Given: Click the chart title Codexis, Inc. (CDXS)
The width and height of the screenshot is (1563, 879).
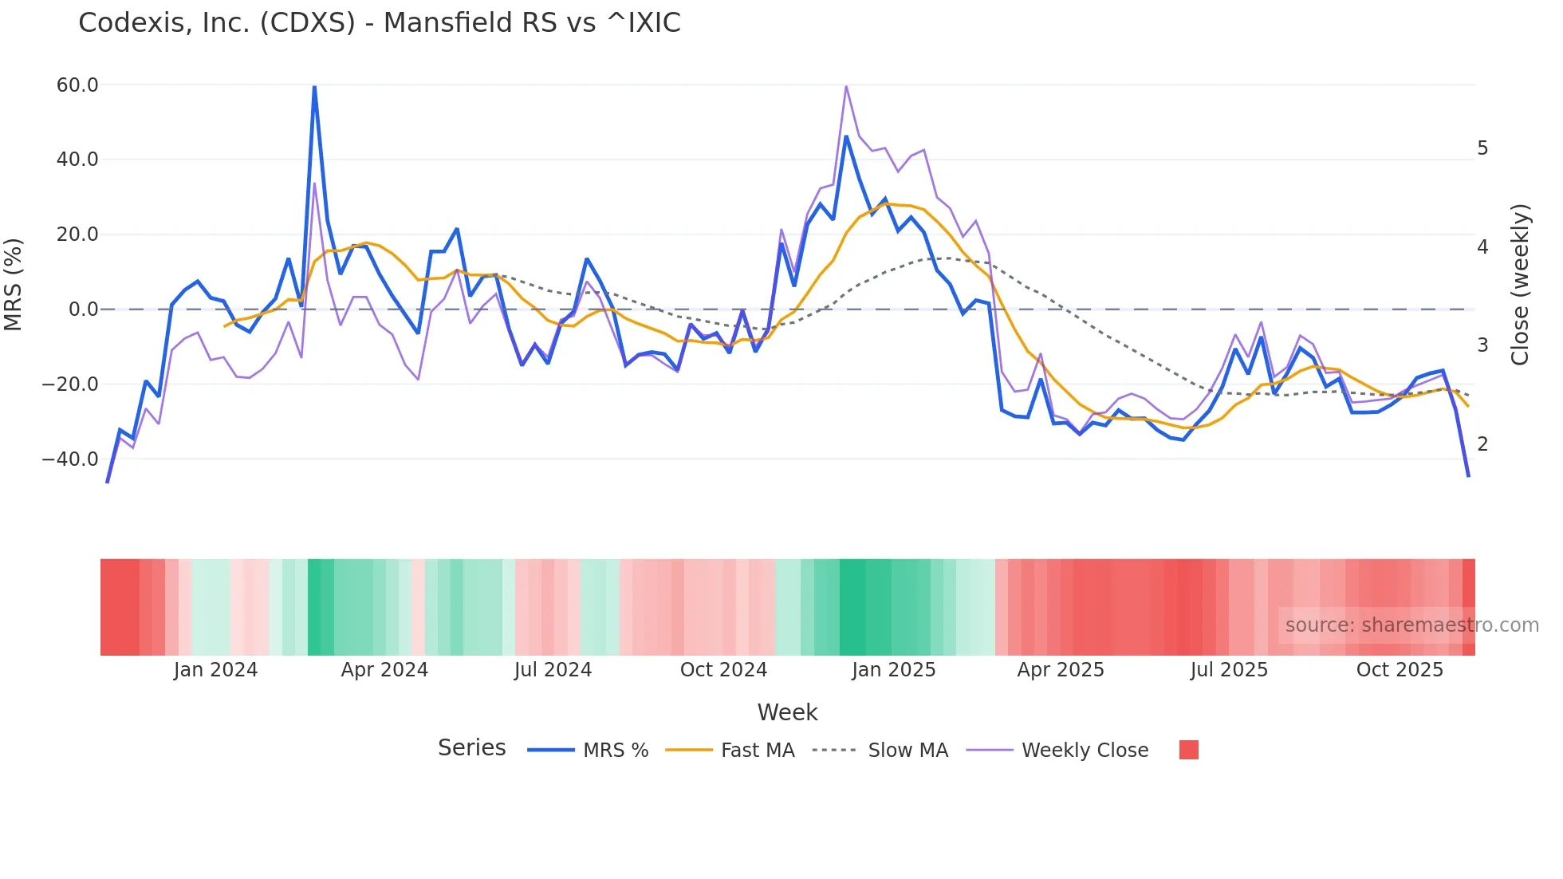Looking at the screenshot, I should pos(380,23).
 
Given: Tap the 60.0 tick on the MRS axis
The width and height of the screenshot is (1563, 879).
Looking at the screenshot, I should pos(77,85).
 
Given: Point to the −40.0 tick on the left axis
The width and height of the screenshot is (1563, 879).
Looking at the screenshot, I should pos(70,459).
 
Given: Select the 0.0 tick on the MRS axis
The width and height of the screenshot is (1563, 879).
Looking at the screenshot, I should pos(83,309).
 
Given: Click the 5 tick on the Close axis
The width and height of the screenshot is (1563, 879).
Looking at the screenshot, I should pos(1482,148).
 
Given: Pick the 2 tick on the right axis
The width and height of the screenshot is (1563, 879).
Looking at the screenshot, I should pos(1482,444).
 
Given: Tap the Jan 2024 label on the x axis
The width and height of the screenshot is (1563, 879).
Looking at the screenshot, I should pos(215,670).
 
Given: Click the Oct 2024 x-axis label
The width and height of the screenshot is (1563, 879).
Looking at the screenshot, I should pos(723,670).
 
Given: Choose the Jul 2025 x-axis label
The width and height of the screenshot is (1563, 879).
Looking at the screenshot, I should pos(1229,670).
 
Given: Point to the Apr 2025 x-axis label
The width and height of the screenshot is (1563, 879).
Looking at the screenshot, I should pos(1061,670).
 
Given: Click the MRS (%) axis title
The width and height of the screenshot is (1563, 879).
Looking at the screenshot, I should pos(14,285).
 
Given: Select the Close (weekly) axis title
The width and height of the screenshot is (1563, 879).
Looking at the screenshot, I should pos(1520,285).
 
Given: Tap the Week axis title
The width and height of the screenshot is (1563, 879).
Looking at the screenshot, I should pos(787,712).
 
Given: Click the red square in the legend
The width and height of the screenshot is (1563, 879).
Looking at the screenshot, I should pos(1189,750).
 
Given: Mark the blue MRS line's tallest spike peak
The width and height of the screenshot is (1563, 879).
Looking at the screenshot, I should pos(314,87).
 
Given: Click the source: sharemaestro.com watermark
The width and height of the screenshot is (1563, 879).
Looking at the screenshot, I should pos(1411,625).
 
